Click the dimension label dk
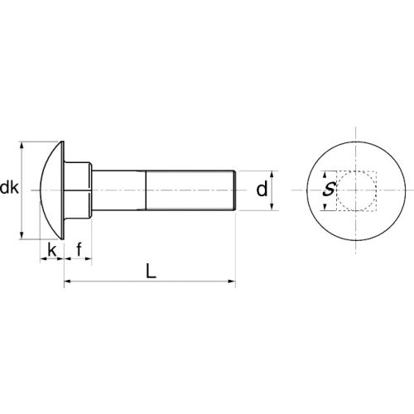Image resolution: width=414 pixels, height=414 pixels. [10, 189]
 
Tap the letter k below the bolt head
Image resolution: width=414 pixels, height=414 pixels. [51, 249]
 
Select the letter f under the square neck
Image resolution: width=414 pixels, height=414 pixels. [79, 248]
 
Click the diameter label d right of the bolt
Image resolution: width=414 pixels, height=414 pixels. [262, 190]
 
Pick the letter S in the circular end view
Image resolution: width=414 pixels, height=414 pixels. [329, 190]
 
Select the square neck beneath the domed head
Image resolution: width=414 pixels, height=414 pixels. [79, 190]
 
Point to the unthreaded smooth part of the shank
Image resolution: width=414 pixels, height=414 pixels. [120, 190]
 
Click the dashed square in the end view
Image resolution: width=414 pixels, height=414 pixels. [358, 190]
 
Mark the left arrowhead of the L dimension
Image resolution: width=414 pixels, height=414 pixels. [68, 283]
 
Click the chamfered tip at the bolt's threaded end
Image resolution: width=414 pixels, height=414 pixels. [236, 190]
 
